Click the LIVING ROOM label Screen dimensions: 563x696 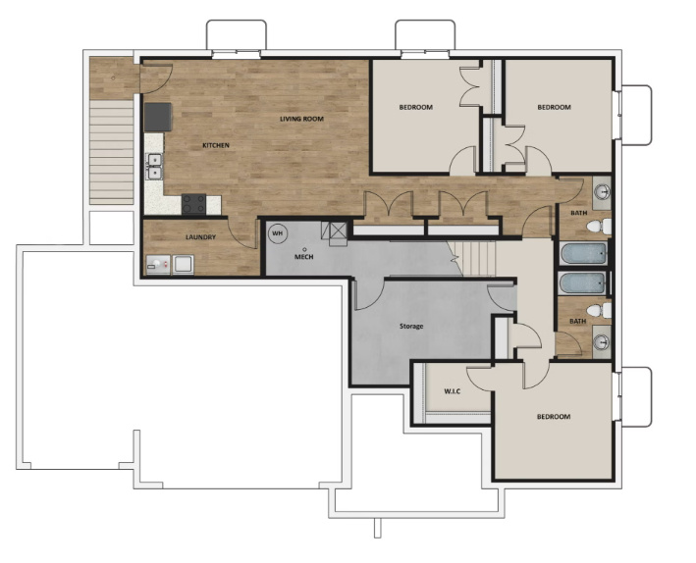(301, 119)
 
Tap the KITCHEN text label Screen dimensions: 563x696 (216, 145)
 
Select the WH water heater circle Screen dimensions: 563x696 (278, 233)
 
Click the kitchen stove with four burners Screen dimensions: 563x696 (194, 204)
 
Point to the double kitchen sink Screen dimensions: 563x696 (154, 166)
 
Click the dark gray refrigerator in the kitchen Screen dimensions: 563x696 (157, 117)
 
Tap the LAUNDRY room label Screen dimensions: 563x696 (201, 237)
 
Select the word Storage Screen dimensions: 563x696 (411, 326)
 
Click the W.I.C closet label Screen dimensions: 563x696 (452, 392)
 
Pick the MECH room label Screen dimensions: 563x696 (304, 257)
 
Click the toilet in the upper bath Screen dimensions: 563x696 (596, 228)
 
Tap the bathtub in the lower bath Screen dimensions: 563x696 (580, 283)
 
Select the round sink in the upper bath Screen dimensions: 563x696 (602, 190)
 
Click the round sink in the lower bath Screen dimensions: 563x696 (602, 342)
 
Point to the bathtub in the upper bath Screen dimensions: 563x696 (580, 254)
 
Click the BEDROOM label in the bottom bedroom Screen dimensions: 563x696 (553, 417)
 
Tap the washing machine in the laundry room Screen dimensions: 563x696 (182, 264)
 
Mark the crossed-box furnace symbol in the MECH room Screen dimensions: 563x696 (339, 231)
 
